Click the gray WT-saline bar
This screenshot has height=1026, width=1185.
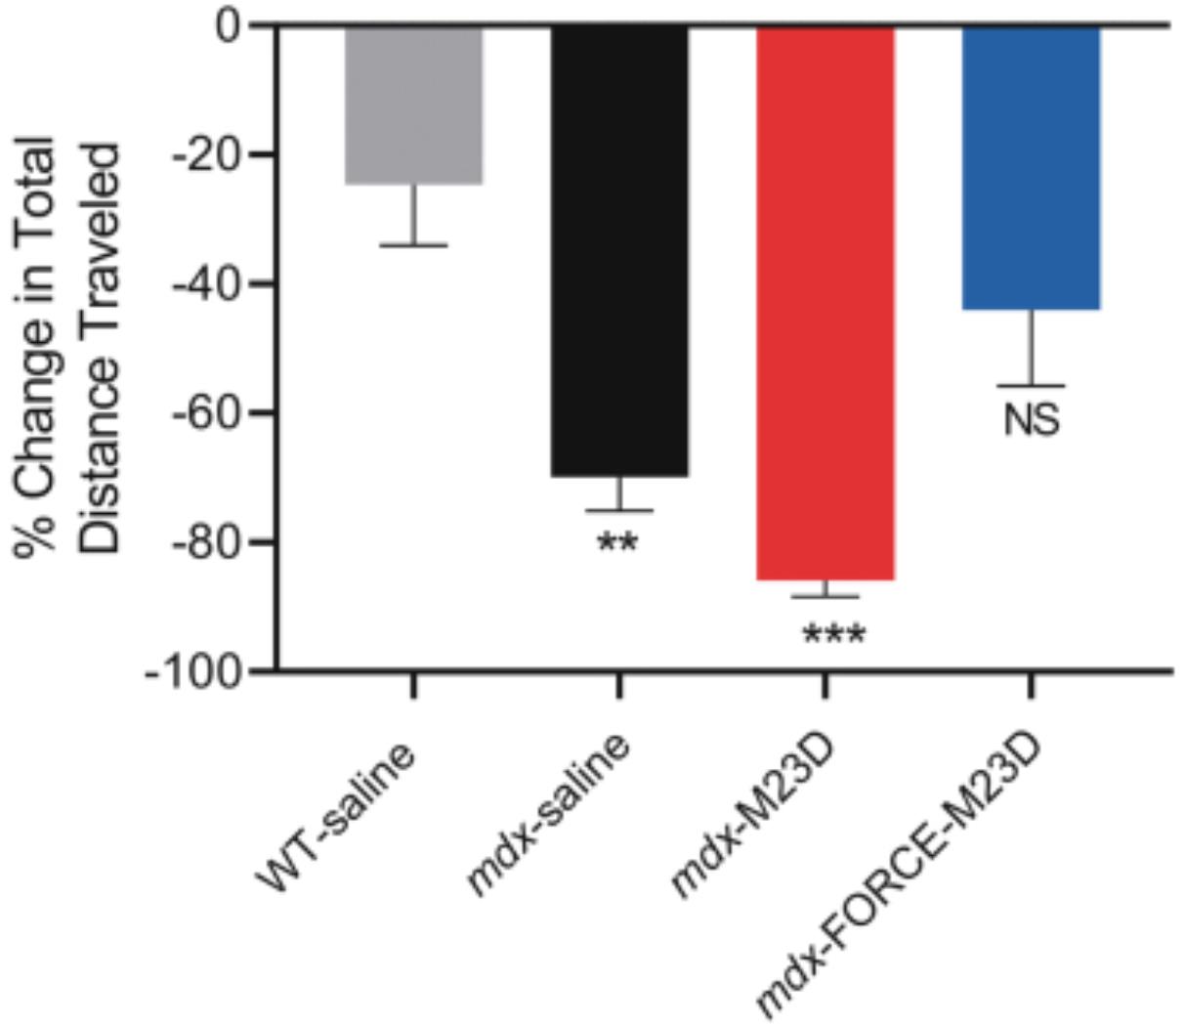coord(413,105)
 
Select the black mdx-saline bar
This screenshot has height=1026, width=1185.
coord(619,250)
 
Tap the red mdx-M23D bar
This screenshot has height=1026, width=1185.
coord(825,303)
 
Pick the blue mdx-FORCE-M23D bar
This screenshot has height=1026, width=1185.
coord(1032,167)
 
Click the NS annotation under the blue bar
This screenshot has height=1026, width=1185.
coord(1032,421)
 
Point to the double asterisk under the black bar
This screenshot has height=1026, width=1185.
coord(617,542)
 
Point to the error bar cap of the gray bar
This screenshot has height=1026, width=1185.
coord(413,245)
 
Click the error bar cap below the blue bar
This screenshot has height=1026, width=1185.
coord(1032,386)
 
